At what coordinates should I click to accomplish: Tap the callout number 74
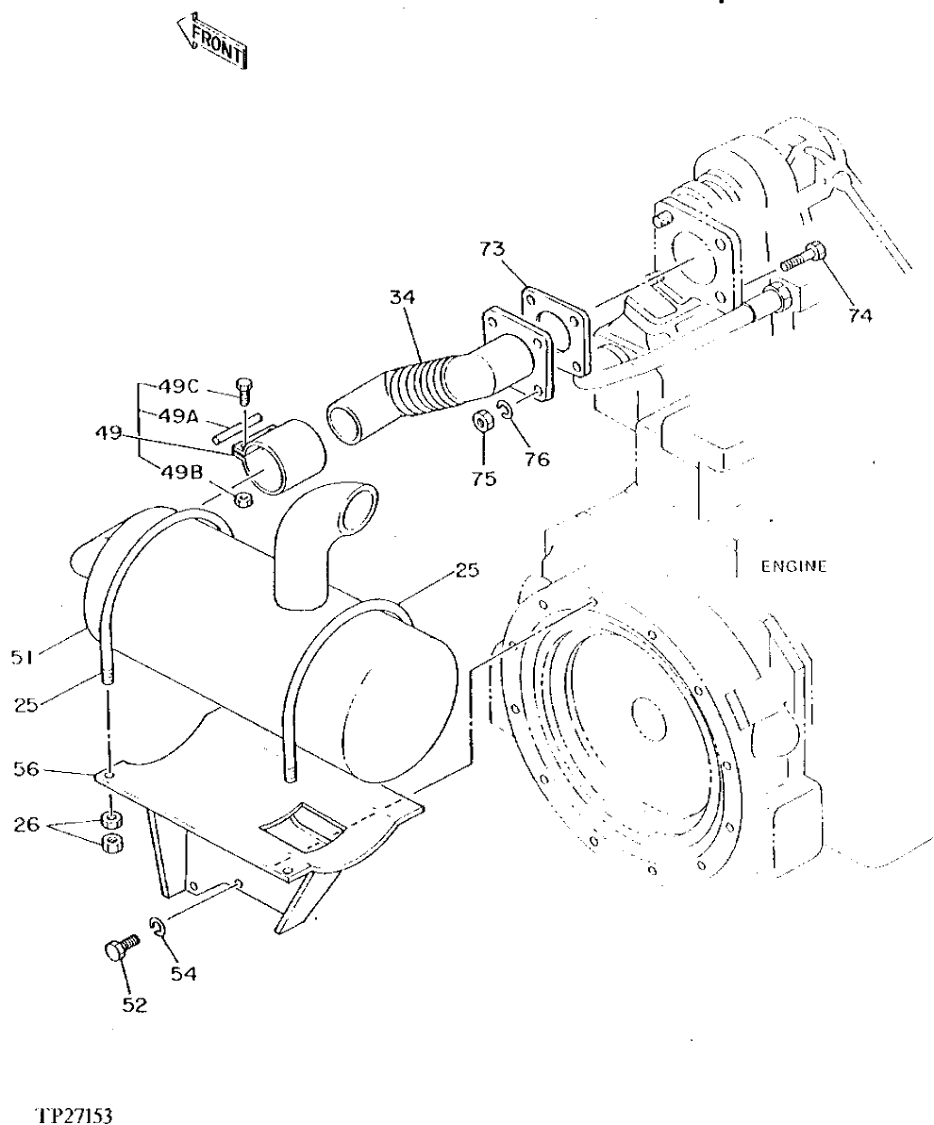[859, 316]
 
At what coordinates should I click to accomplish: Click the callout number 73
[492, 249]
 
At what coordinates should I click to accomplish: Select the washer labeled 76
[507, 411]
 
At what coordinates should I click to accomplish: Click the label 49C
[177, 385]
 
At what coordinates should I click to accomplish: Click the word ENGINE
[792, 566]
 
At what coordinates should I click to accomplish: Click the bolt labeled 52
[117, 948]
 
